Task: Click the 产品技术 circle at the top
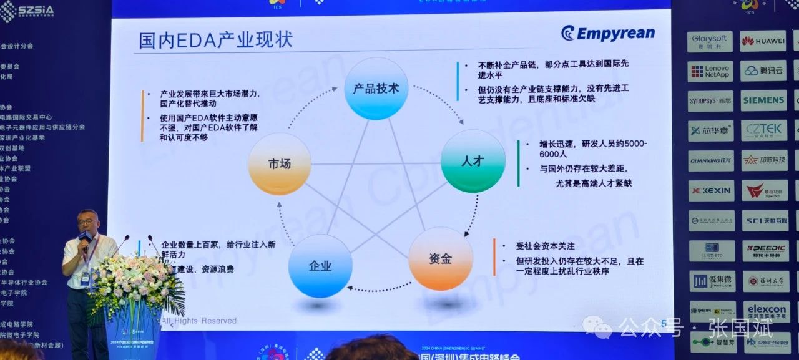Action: point(376,88)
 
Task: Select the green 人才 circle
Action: point(473,160)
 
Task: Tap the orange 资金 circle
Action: point(440,258)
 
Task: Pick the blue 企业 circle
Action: point(320,266)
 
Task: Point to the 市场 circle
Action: point(279,163)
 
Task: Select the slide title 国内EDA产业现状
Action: point(215,41)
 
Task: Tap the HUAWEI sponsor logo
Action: point(763,41)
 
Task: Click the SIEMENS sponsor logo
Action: point(763,100)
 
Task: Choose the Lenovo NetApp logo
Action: point(710,71)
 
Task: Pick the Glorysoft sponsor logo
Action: point(710,41)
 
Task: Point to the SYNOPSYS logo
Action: point(710,100)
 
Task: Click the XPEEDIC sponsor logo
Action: point(764,250)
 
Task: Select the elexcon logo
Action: point(766,310)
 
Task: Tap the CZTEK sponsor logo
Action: point(763,130)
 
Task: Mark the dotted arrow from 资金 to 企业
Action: point(375,289)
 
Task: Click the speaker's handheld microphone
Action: point(85,240)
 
